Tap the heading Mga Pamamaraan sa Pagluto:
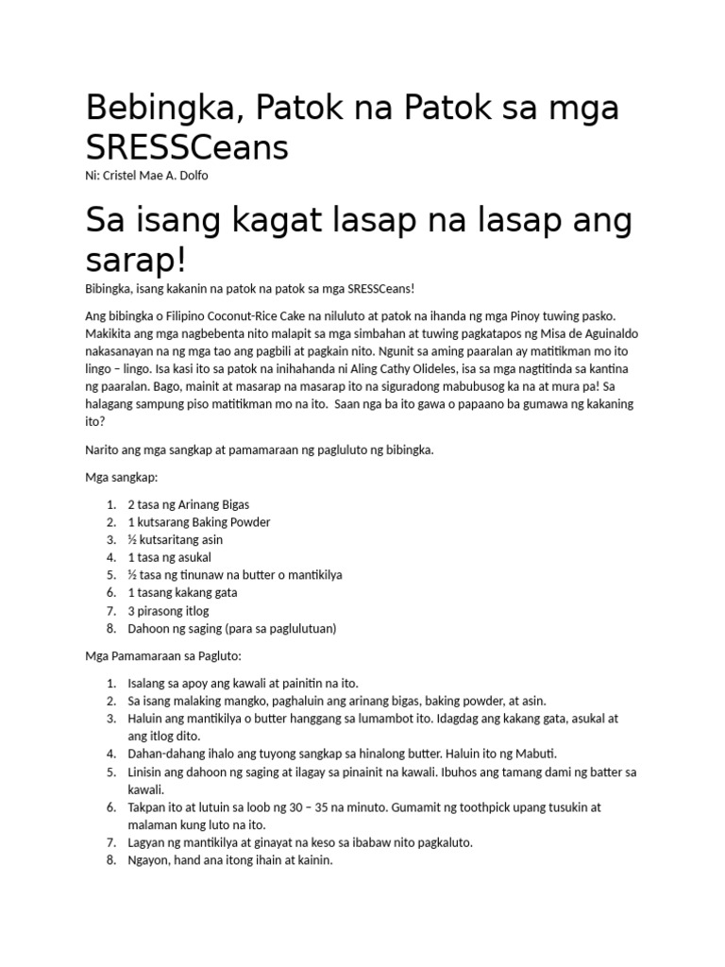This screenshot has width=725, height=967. [165, 655]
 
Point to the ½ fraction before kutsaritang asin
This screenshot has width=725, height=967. [132, 540]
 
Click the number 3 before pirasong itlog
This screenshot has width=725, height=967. [131, 611]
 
